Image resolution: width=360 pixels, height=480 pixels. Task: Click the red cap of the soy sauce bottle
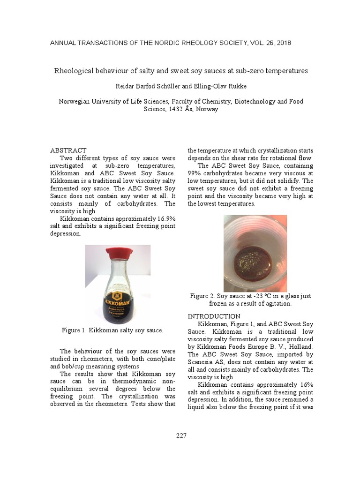[x=118, y=254]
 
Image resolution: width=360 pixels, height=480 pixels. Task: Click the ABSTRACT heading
[x=68, y=150]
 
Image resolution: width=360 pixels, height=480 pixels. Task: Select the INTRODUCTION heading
[x=214, y=316]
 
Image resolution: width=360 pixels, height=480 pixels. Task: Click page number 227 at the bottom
[x=181, y=436]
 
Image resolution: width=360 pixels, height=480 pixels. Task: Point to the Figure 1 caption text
[x=112, y=330]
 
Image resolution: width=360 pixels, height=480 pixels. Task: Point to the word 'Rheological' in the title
[x=76, y=71]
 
